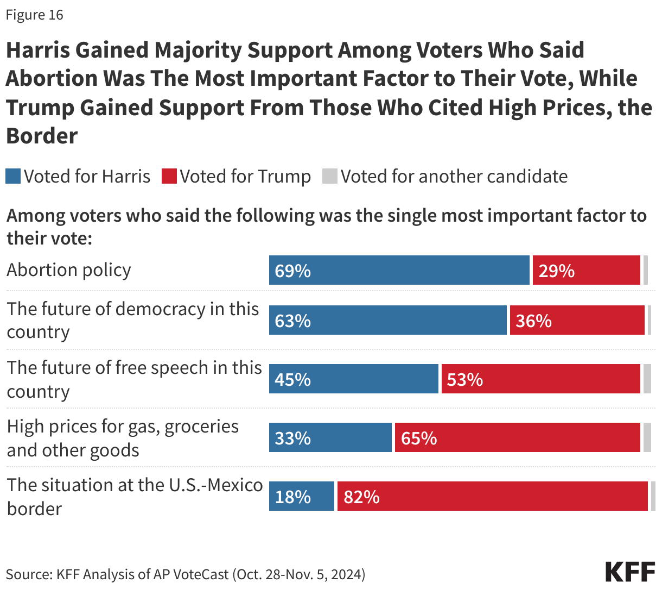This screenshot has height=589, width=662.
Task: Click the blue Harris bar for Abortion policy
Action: pos(399,270)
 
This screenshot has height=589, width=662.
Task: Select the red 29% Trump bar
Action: pos(586,270)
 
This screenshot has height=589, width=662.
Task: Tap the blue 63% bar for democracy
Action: pos(388,320)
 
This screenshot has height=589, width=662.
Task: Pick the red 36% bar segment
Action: pos(577,320)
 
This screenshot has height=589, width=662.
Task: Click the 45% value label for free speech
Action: pos(292,379)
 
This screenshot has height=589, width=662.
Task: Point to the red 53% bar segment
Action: pos(540,379)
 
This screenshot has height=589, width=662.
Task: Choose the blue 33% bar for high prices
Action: pos(330,437)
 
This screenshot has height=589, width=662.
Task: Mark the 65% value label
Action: pos(418,438)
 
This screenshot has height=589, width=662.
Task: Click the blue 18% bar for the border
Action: pos(302,496)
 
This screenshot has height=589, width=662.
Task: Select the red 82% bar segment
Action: pos(492,496)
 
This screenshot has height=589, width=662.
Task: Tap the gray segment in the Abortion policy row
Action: pos(645,270)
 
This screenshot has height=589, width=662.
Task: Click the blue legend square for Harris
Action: pos(13,177)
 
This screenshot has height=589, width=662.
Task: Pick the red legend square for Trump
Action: pos(169,177)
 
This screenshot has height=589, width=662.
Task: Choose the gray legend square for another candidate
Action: pos(329,177)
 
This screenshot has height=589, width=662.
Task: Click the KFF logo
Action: pos(630,572)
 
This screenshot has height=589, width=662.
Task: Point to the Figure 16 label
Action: pos(35,15)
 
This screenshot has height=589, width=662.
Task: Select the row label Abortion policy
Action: pos(69,270)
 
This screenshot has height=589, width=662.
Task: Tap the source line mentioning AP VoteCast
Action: pos(186,574)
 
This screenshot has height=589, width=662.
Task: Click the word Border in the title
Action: pos(42,136)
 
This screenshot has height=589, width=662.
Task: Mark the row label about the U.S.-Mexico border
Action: pos(135,496)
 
